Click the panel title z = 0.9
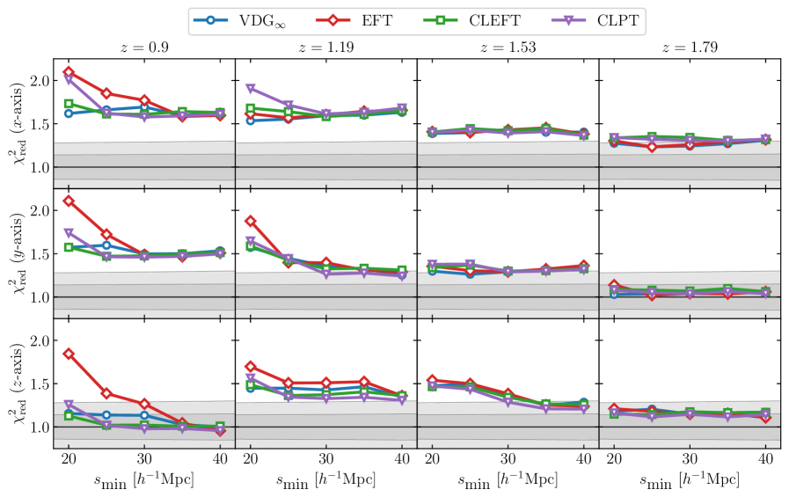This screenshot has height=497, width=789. click(x=143, y=48)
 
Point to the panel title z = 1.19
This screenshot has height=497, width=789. click(x=325, y=48)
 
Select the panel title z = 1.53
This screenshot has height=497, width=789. click(x=508, y=48)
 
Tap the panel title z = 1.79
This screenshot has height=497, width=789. click(x=690, y=48)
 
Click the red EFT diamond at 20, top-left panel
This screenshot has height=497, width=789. click(x=69, y=72)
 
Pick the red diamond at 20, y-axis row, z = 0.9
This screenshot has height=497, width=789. click(x=69, y=201)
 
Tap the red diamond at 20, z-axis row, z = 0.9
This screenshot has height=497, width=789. click(x=69, y=354)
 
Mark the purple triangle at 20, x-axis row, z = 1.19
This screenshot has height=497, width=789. click(x=251, y=89)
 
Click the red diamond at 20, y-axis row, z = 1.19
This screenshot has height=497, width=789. click(x=251, y=222)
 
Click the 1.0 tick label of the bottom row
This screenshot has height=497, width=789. click(x=38, y=427)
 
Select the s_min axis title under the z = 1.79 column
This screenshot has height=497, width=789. click(x=690, y=479)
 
